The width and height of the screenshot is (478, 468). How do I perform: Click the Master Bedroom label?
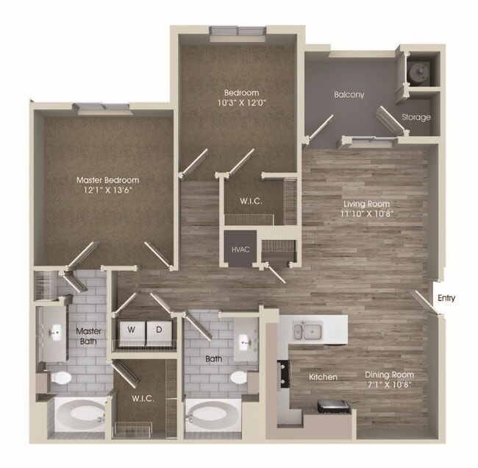pyautogui.click(x=108, y=180)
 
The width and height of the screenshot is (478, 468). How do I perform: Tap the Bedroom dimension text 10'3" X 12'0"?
pyautogui.click(x=241, y=104)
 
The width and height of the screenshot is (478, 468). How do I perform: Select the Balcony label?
pyautogui.click(x=349, y=95)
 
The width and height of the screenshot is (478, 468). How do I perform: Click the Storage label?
pyautogui.click(x=415, y=117)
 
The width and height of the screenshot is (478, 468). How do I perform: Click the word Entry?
pyautogui.click(x=446, y=298)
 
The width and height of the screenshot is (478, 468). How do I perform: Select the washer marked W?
pyautogui.click(x=129, y=330)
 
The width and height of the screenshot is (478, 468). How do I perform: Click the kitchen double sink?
pyautogui.click(x=307, y=331)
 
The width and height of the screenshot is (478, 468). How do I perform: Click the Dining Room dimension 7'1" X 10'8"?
pyautogui.click(x=390, y=383)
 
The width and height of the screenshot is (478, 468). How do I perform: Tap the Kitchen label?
pyautogui.click(x=323, y=377)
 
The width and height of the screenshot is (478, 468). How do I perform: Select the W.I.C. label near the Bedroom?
pyautogui.click(x=252, y=201)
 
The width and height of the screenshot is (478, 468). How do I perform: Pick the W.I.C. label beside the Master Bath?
pyautogui.click(x=143, y=398)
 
